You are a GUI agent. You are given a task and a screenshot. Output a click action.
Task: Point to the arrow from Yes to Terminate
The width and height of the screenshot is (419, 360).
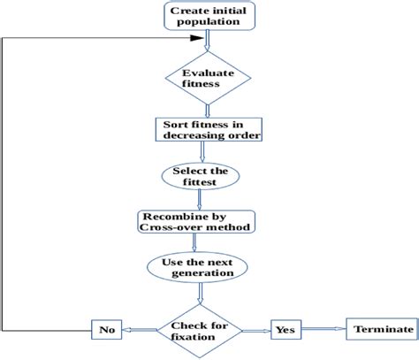point(324,329)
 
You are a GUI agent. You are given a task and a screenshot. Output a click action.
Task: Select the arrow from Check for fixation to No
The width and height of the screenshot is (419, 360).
point(141,329)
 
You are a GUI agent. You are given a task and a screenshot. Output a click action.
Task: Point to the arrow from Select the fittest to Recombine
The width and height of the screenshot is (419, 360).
point(206,199)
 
